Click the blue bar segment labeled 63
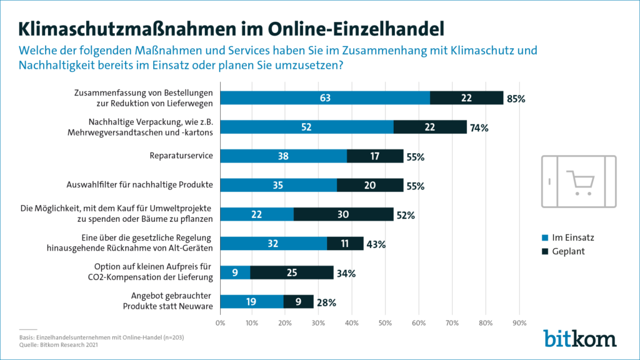click(325, 98)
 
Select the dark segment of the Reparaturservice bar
click(375, 156)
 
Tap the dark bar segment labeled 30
click(343, 214)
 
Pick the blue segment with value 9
click(236, 272)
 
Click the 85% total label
click(516, 99)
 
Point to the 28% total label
click(326, 302)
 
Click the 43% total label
click(376, 244)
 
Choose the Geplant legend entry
click(564, 251)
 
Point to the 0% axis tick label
click(220, 323)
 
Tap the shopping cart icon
click(578, 181)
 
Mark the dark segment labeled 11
click(345, 244)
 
